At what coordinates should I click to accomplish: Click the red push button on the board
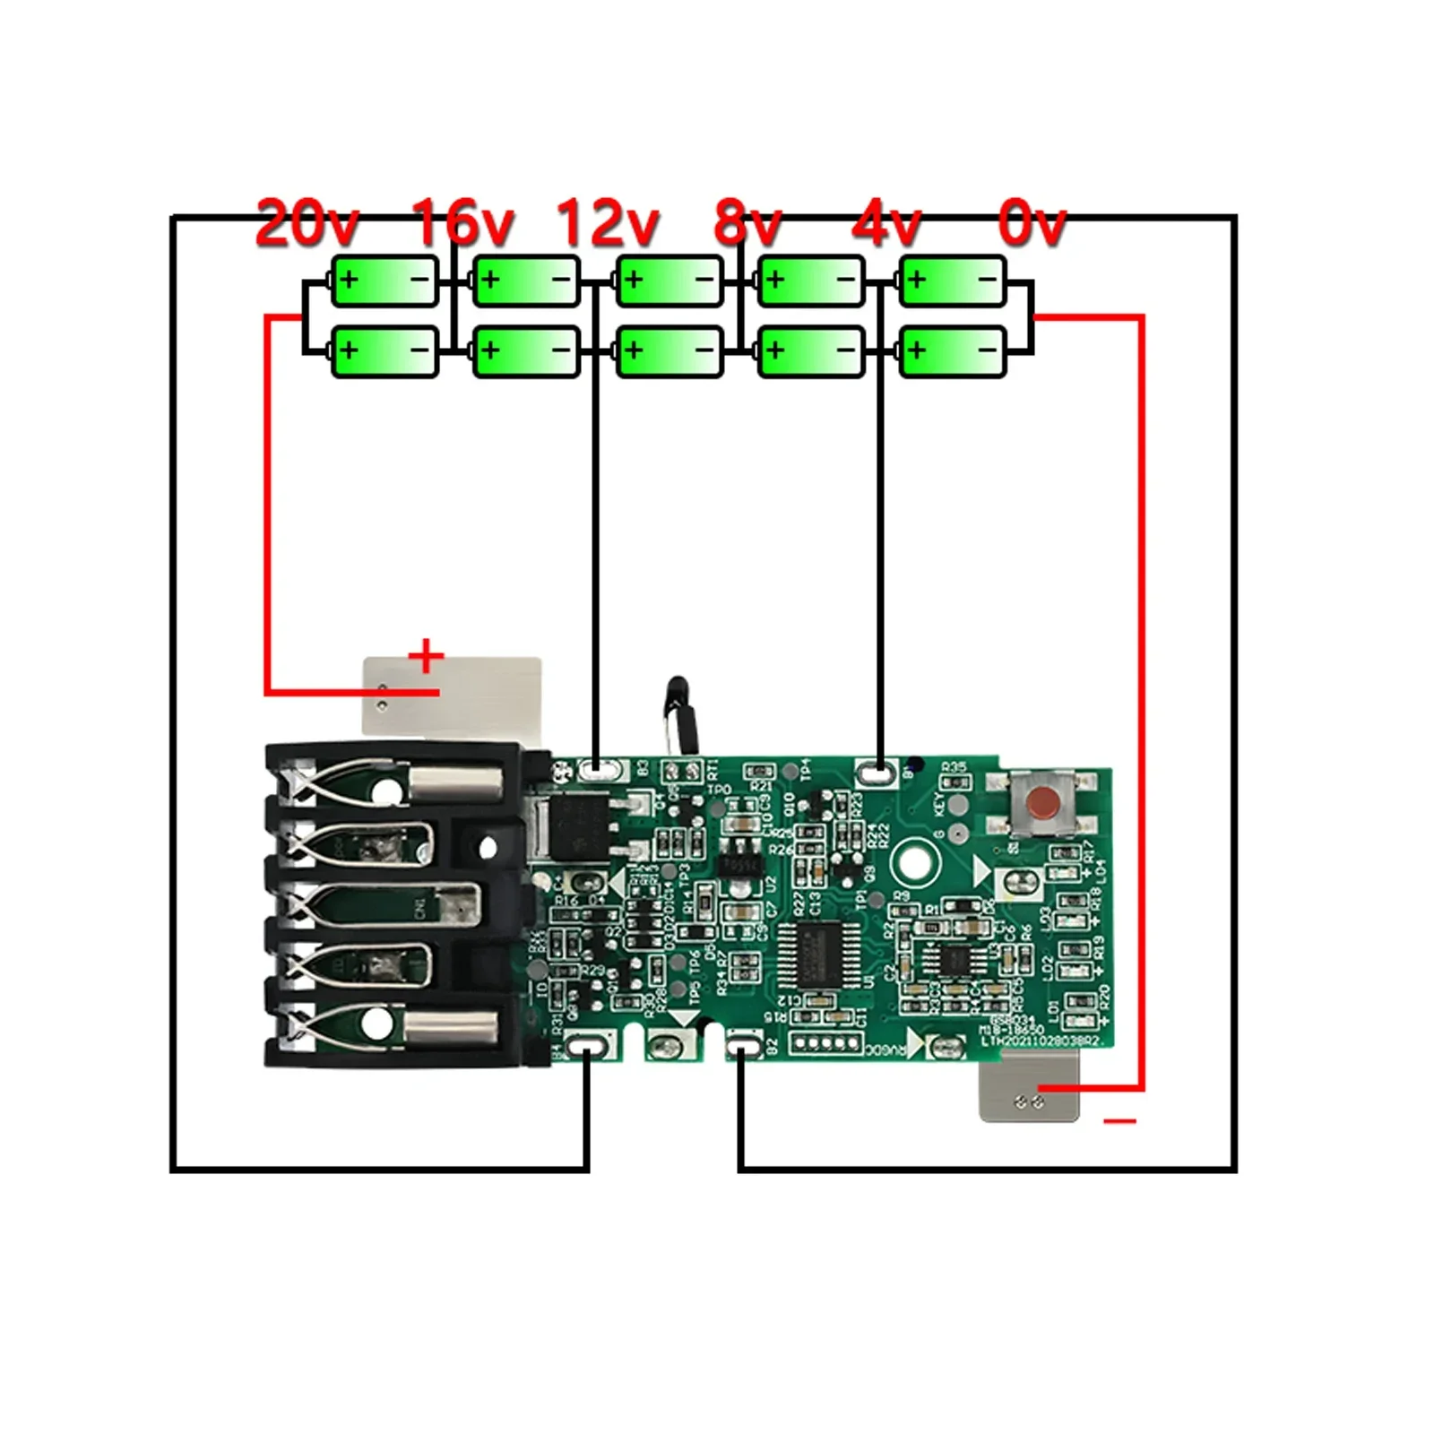pyautogui.click(x=1040, y=799)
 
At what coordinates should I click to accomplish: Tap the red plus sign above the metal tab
pyautogui.click(x=426, y=656)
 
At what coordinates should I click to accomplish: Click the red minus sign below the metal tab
pyautogui.click(x=1119, y=1120)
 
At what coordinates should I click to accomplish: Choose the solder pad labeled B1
pyautogui.click(x=877, y=770)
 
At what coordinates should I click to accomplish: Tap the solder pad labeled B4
pyautogui.click(x=588, y=1046)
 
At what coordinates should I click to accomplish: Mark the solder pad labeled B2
pyautogui.click(x=743, y=1045)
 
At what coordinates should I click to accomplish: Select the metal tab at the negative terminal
pyautogui.click(x=1029, y=1086)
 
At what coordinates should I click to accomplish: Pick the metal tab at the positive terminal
pyautogui.click(x=452, y=695)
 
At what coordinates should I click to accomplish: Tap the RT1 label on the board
pyautogui.click(x=713, y=768)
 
